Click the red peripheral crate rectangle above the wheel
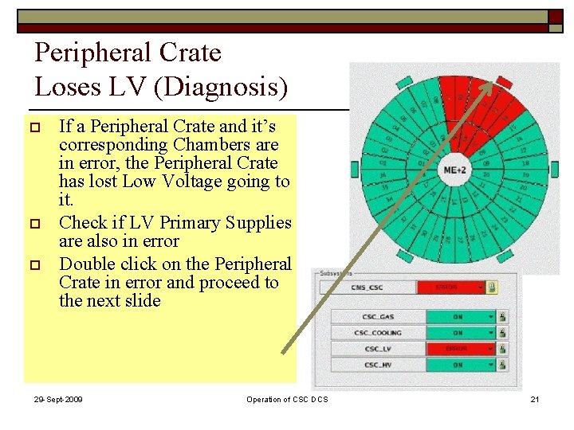(x=504, y=81)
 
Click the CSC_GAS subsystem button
(x=378, y=317)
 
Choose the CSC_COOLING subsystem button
(x=378, y=333)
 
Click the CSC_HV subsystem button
(x=378, y=365)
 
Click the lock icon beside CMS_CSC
(x=493, y=287)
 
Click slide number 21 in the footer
(x=535, y=399)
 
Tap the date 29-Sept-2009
(x=58, y=399)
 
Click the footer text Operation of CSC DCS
(x=287, y=399)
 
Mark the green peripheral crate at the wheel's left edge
(x=355, y=169)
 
